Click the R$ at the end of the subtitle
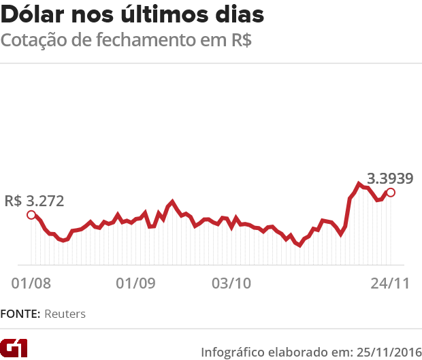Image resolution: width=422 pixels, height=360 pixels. [x=238, y=40]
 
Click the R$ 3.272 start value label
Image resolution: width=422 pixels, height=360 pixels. [x=34, y=201]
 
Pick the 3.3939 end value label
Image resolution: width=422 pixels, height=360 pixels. [x=390, y=179]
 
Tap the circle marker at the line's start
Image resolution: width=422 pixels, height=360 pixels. [x=31, y=215]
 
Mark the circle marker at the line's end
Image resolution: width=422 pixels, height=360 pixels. [x=391, y=193]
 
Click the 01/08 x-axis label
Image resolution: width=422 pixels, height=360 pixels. [x=31, y=282]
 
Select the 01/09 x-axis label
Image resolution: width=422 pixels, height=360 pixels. [x=135, y=282]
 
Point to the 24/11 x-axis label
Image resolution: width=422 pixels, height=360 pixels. [x=390, y=282]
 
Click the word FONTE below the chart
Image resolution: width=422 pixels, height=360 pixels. [x=20, y=314]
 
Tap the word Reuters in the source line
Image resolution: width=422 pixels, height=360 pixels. [x=65, y=314]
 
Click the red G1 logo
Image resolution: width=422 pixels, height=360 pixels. [x=14, y=348]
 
